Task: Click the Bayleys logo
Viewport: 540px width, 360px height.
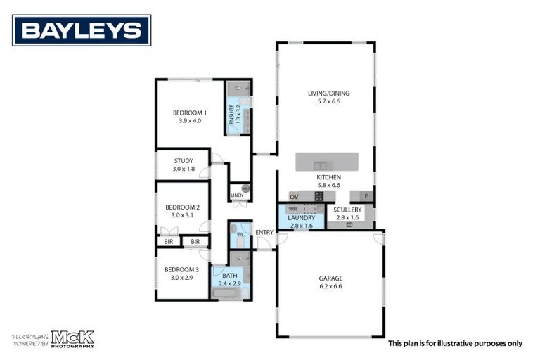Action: point(82,30)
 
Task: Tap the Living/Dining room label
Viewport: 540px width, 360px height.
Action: point(328,94)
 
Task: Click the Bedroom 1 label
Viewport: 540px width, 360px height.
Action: point(190,112)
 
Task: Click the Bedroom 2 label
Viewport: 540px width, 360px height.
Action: point(183,207)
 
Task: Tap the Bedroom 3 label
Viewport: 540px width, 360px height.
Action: point(182,269)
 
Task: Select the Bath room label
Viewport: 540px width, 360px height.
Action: point(230,276)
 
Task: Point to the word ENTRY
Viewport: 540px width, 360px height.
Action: point(264,233)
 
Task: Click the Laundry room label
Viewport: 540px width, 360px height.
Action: point(301,218)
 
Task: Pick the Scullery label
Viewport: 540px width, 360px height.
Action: point(348,210)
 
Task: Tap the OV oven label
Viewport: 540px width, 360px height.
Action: point(294,197)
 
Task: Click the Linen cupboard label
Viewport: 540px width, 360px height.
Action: point(237,195)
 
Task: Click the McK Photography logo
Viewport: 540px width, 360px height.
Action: point(72,339)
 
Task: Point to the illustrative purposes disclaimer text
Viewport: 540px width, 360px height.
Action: point(455,344)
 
